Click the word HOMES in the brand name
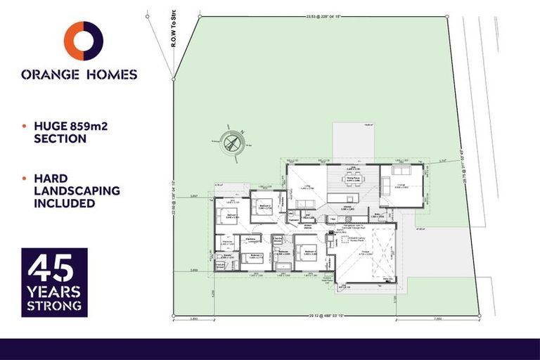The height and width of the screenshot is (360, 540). click(x=110, y=74)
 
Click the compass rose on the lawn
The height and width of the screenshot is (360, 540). click(x=233, y=143)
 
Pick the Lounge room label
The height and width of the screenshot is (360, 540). click(x=401, y=185)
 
